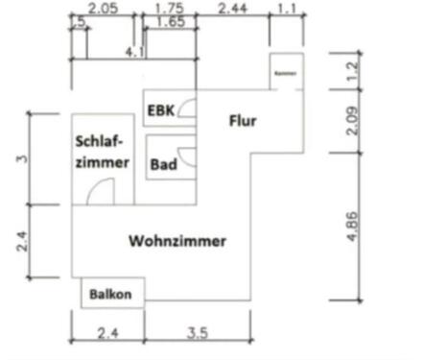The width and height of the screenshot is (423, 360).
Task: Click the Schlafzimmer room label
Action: [x=102, y=152]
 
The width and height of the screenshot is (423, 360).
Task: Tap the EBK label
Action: [x=160, y=112]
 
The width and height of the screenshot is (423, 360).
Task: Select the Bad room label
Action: [x=162, y=164]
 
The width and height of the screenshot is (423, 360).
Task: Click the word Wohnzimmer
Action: [x=177, y=241]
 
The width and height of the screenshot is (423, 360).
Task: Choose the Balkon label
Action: [x=111, y=294]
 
